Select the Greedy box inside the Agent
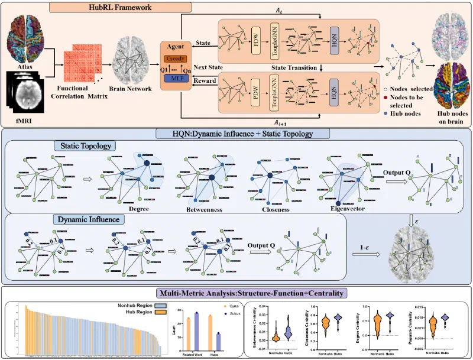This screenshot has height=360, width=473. pyautogui.click(x=177, y=59)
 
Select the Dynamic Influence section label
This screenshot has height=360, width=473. pyautogui.click(x=80, y=219)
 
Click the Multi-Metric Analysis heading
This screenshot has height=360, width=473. pyautogui.click(x=236, y=293)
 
